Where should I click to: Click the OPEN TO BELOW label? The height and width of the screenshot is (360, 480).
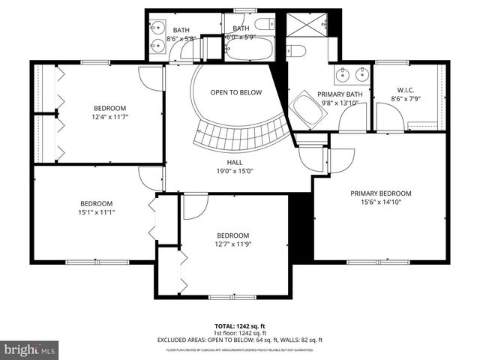pyautogui.click(x=235, y=93)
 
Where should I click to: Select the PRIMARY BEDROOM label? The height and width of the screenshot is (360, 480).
pyautogui.click(x=380, y=193)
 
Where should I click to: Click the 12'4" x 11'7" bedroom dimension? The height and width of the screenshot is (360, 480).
pyautogui.click(x=109, y=117)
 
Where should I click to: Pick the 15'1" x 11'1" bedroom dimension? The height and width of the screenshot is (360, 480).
pyautogui.click(x=97, y=212)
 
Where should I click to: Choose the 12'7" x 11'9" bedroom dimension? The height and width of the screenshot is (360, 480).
pyautogui.click(x=232, y=244)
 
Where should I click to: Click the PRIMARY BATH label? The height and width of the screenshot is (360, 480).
pyautogui.click(x=342, y=94)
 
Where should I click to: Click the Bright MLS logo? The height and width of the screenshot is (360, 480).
pyautogui.click(x=30, y=349)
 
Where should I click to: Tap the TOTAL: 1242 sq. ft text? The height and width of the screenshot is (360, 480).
pyautogui.click(x=239, y=325)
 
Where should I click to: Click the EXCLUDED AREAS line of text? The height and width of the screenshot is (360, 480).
pyautogui.click(x=239, y=340)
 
